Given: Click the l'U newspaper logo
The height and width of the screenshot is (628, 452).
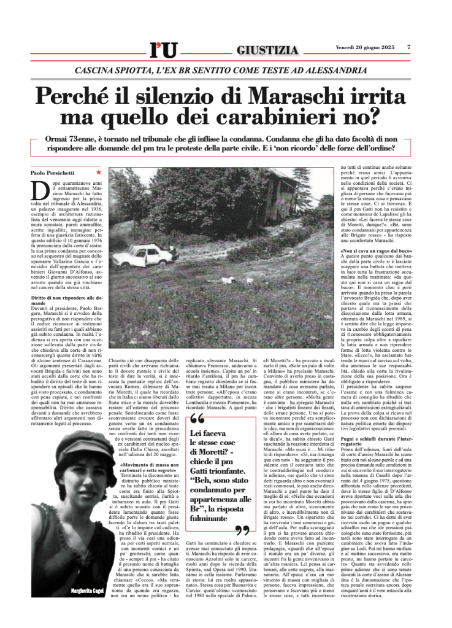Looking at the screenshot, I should (163, 49).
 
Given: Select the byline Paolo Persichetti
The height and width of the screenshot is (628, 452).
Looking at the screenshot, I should (52, 174).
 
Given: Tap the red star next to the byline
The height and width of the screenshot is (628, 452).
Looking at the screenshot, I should (99, 174).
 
